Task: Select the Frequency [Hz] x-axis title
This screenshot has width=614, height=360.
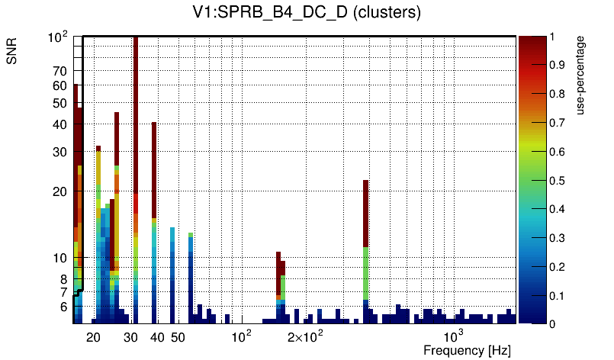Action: coord(467,350)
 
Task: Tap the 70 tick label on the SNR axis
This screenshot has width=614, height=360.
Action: coord(60,71)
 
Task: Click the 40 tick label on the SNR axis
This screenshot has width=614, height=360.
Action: coord(60,124)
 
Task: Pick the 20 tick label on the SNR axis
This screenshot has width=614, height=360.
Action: coord(60,191)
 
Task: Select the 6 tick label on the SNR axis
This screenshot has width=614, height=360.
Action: coord(63,307)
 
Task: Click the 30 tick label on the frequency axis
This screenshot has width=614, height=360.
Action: coord(131,337)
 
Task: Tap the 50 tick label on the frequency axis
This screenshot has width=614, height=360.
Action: coord(178,337)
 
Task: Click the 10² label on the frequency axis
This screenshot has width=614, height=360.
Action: coord(241,336)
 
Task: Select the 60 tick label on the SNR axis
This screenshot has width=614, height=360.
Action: coord(60,85)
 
